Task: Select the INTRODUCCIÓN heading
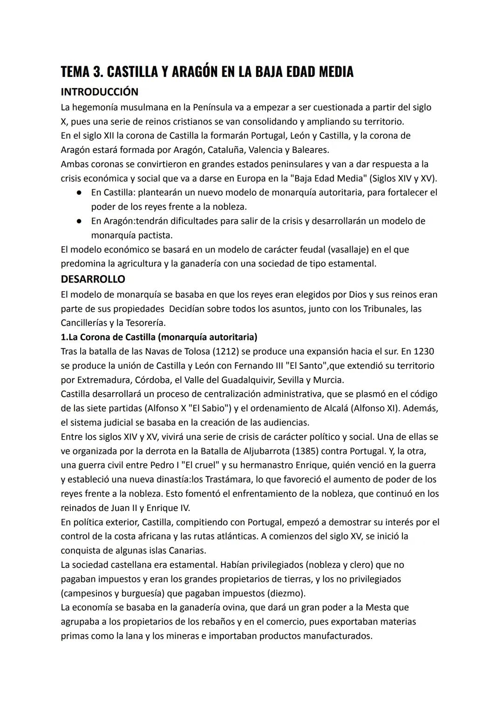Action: tap(99, 92)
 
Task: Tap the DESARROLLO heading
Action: tap(93, 279)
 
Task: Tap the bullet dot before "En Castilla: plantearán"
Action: tap(80, 193)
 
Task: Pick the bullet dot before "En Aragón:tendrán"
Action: tap(80, 221)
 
